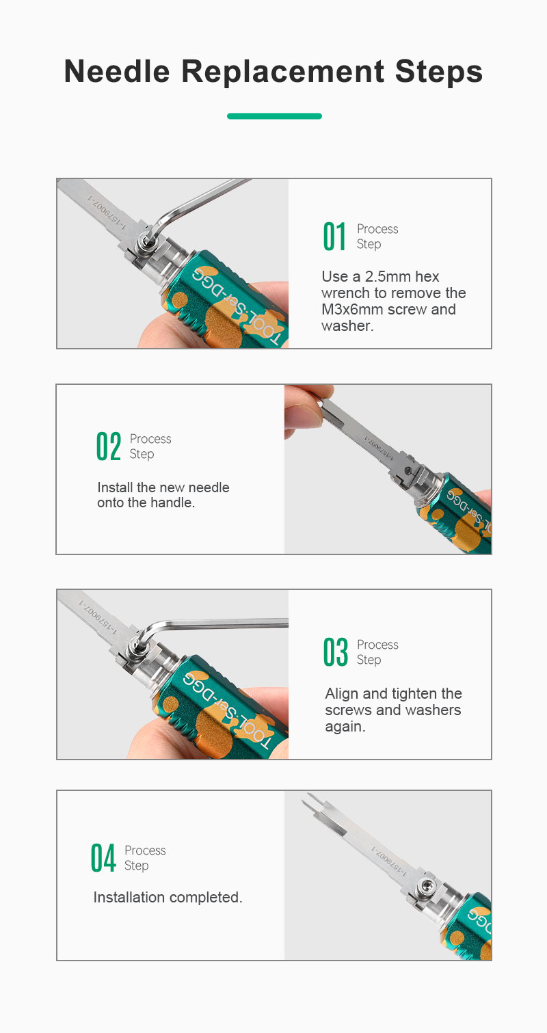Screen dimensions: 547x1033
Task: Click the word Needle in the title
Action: pyautogui.click(x=117, y=72)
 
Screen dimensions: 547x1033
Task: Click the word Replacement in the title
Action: pyautogui.click(x=282, y=72)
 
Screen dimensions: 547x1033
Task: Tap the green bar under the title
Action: pyautogui.click(x=274, y=116)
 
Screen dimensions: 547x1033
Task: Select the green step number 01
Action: pyautogui.click(x=334, y=236)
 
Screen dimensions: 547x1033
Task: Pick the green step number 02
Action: pyautogui.click(x=109, y=446)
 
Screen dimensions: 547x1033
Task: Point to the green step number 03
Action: pyautogui.click(x=335, y=652)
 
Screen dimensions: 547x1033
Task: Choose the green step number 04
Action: pyautogui.click(x=103, y=858)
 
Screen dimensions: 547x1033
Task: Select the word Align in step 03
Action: pyautogui.click(x=342, y=694)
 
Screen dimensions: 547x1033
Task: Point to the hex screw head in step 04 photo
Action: pyautogui.click(x=427, y=885)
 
